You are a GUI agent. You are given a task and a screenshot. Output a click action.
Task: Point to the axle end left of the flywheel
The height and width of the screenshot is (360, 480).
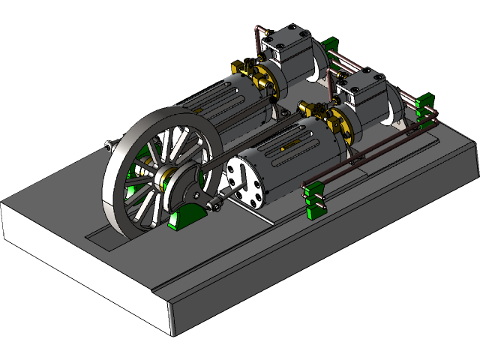[x=111, y=145]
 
